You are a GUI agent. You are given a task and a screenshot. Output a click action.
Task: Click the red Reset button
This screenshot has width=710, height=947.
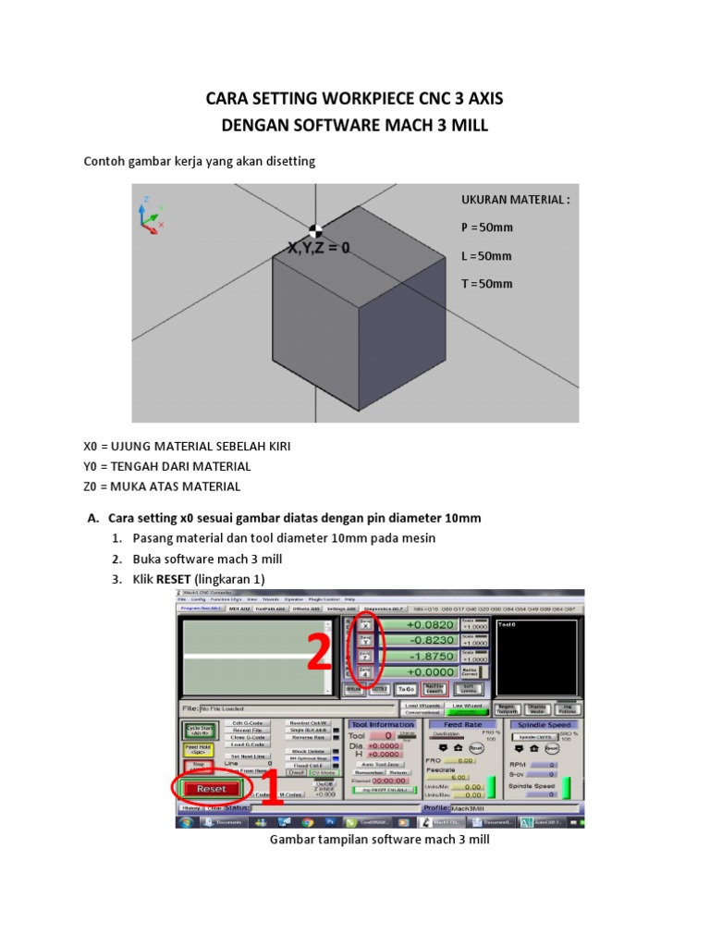(211, 789)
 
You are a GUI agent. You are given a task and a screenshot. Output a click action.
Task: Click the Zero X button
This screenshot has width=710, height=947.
(364, 625)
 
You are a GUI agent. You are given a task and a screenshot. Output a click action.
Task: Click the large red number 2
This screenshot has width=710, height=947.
(320, 655)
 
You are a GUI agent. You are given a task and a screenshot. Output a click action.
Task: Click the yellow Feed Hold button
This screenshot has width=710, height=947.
(198, 749)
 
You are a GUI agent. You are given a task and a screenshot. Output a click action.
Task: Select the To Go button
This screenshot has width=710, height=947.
(406, 689)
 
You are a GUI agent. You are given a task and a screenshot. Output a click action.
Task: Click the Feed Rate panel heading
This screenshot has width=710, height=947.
(462, 724)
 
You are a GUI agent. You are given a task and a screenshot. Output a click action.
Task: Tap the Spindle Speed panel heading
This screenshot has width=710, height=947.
(545, 724)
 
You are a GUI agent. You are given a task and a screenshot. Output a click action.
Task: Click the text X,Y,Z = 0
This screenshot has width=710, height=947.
(319, 248)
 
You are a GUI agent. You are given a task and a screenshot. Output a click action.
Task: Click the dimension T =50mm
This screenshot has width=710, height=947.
(486, 284)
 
